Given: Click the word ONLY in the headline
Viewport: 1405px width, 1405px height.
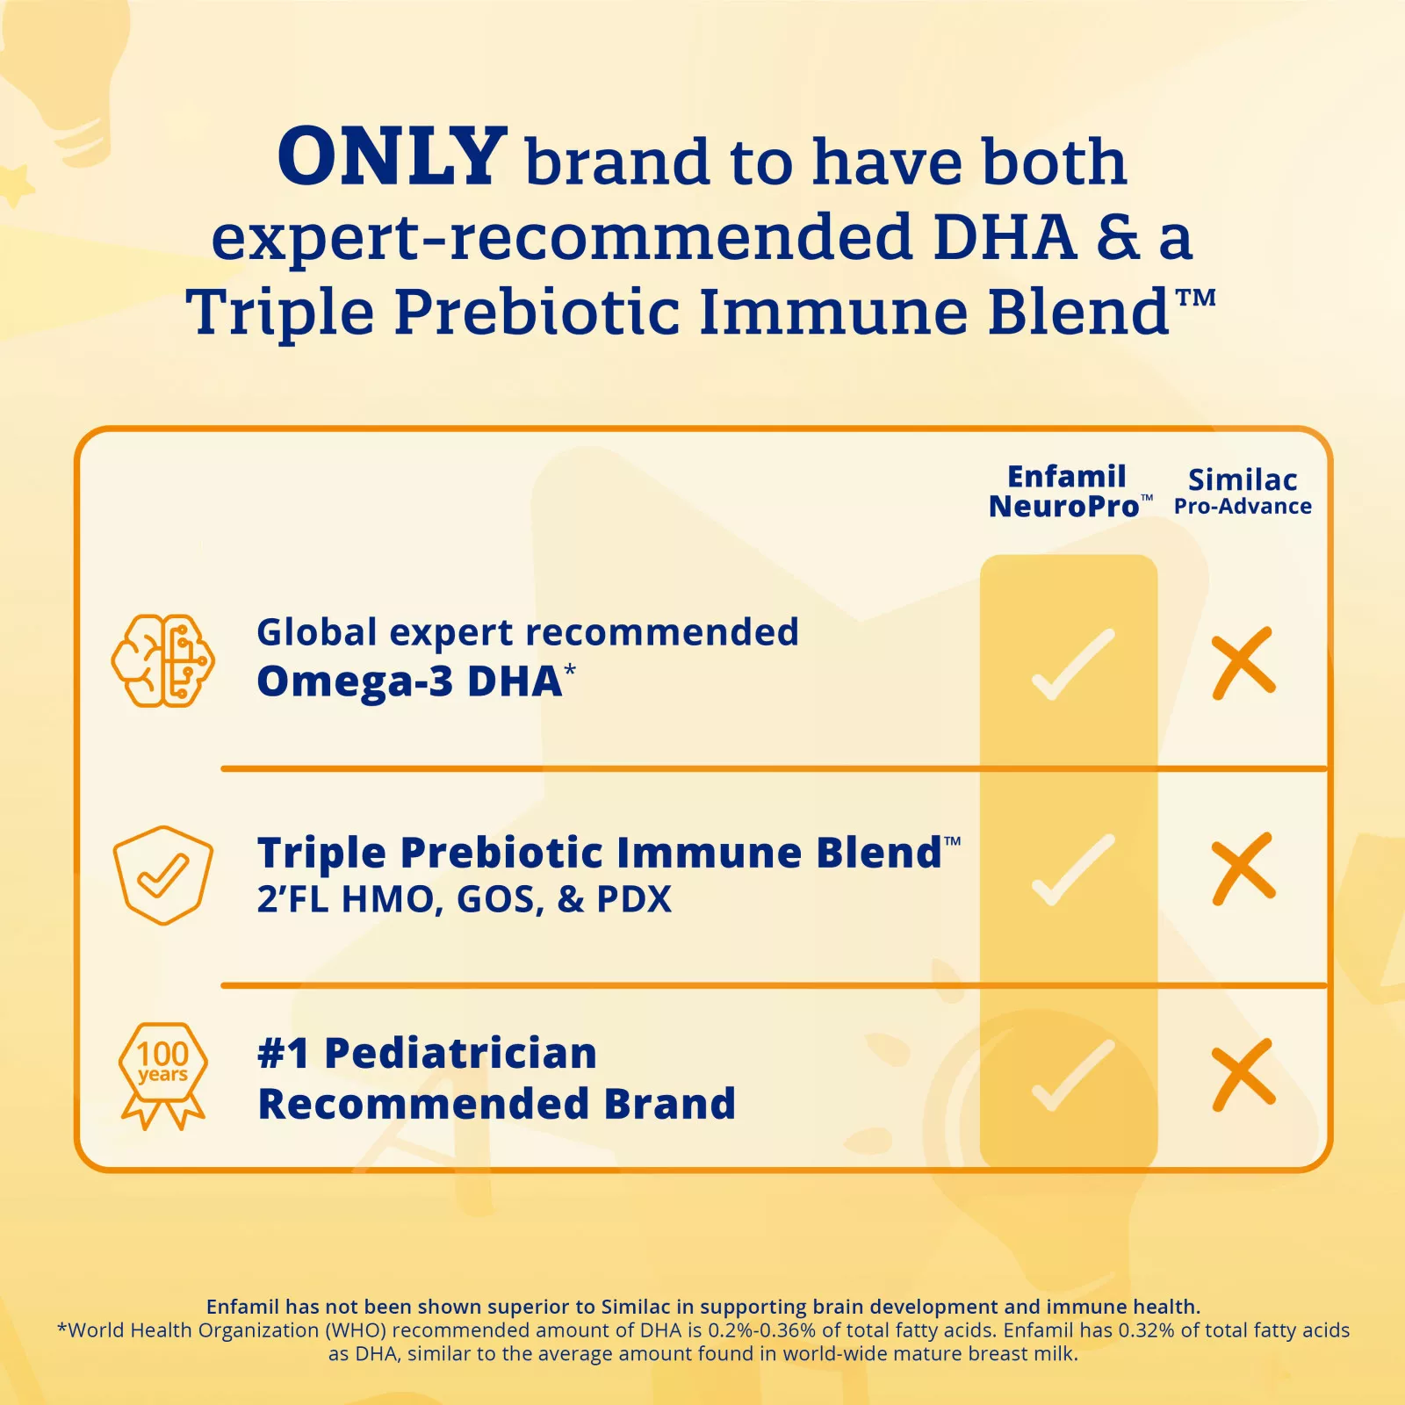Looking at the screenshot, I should pyautogui.click(x=392, y=158).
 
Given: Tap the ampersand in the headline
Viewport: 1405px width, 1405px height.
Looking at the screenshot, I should pyautogui.click(x=1118, y=237).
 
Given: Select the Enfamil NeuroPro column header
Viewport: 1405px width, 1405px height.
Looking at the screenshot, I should pyautogui.click(x=1066, y=492).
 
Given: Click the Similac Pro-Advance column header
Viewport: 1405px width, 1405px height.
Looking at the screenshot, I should pyautogui.click(x=1243, y=492).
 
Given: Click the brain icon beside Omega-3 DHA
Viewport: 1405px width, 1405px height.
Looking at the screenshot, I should pyautogui.click(x=163, y=660).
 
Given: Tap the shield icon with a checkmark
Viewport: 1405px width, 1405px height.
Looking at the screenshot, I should pyautogui.click(x=163, y=875).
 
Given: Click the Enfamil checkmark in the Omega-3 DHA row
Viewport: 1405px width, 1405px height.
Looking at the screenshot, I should pyautogui.click(x=1072, y=665).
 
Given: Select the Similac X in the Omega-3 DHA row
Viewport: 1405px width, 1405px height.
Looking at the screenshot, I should pyautogui.click(x=1243, y=664).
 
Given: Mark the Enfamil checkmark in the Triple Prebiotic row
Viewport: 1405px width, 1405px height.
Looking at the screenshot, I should pyautogui.click(x=1072, y=870).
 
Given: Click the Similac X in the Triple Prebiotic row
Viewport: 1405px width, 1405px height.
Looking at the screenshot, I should pyautogui.click(x=1243, y=868).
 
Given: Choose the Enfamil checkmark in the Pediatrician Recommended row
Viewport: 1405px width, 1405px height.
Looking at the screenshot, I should pyautogui.click(x=1072, y=1076).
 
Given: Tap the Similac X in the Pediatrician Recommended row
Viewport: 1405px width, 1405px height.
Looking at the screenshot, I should pyautogui.click(x=1243, y=1075).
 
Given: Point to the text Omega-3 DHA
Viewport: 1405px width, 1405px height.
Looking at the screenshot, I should pyautogui.click(x=409, y=682).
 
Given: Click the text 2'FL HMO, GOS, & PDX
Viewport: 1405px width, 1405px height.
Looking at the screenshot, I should pyautogui.click(x=464, y=899).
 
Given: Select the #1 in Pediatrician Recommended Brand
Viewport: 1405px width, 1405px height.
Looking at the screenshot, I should pyautogui.click(x=283, y=1053).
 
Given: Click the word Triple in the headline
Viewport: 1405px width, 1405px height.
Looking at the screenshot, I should pyautogui.click(x=279, y=313).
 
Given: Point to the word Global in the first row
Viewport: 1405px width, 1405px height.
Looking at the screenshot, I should pyautogui.click(x=317, y=632).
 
